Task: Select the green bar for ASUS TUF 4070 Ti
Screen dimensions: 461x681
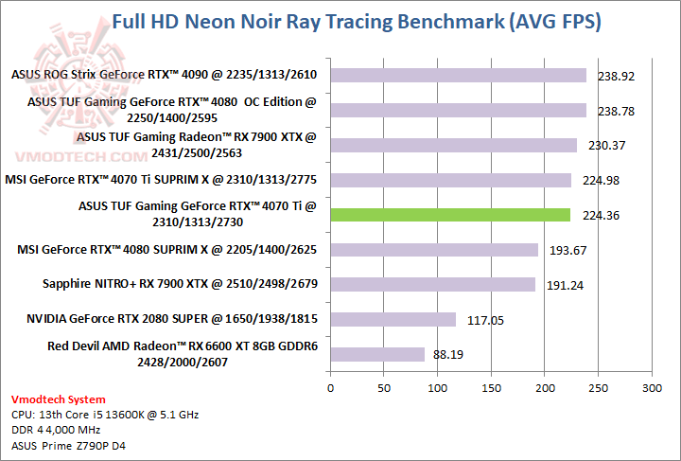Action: pos(450,215)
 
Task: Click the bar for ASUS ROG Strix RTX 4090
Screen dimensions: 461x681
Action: pos(458,75)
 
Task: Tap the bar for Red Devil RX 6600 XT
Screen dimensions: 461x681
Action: pos(377,354)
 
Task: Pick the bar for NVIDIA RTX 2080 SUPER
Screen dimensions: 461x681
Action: pos(393,320)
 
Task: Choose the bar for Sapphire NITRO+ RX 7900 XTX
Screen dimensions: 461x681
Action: pos(432,284)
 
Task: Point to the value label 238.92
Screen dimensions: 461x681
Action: pos(616,76)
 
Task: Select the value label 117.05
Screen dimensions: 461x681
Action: pos(485,320)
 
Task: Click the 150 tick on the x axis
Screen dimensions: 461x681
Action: pos(491,388)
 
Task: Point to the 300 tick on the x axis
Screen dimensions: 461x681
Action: pos(651,388)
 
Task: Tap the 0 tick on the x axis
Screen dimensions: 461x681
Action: pos(330,388)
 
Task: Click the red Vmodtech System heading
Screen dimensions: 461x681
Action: pos(59,399)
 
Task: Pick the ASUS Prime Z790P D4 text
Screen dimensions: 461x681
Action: pos(69,445)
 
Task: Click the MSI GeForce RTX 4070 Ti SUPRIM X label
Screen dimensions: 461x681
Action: pos(160,180)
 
